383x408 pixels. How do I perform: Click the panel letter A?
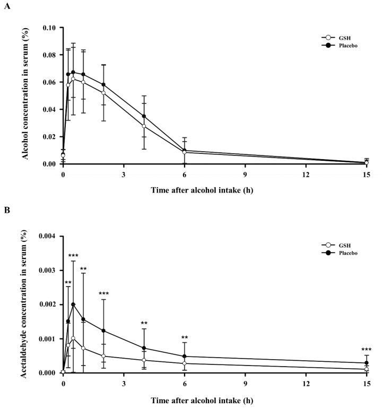(x=7, y=7)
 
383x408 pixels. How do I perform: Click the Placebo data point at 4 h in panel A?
(x=144, y=116)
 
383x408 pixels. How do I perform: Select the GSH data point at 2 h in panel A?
(x=103, y=93)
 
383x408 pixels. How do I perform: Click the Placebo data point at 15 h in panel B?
(x=367, y=363)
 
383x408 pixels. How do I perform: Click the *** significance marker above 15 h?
(x=367, y=349)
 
